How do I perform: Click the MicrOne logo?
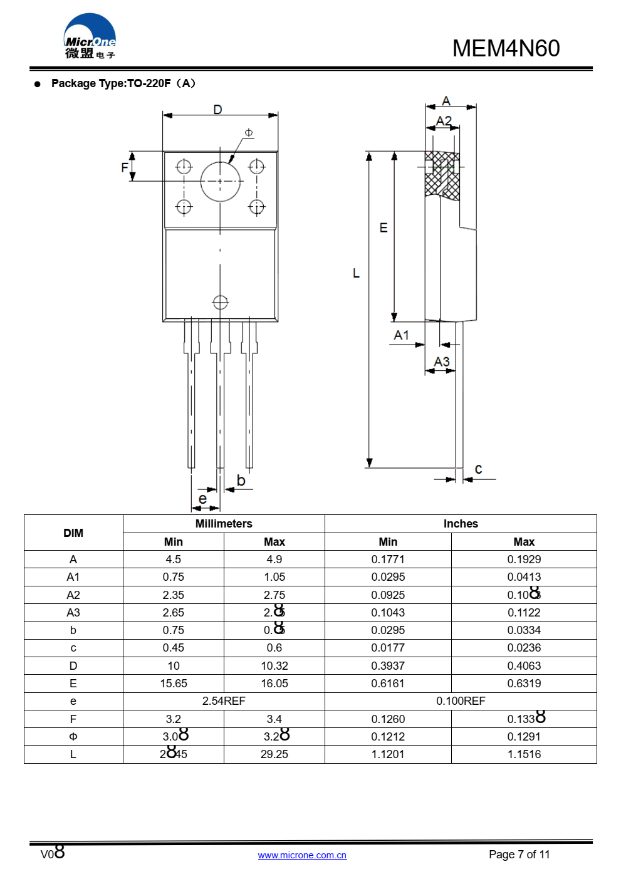pyautogui.click(x=90, y=37)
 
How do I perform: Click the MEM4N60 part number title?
pyautogui.click(x=506, y=48)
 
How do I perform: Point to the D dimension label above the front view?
pyautogui.click(x=217, y=110)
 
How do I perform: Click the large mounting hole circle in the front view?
pyautogui.click(x=221, y=182)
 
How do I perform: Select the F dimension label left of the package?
pyautogui.click(x=125, y=167)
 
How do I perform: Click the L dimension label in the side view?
pyautogui.click(x=356, y=273)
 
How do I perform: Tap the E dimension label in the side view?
pyautogui.click(x=384, y=228)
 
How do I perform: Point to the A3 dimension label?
pyautogui.click(x=442, y=361)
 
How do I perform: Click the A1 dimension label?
pyautogui.click(x=401, y=335)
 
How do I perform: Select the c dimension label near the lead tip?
pyautogui.click(x=479, y=469)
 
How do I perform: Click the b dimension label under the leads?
pyautogui.click(x=241, y=481)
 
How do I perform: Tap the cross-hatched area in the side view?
pyautogui.click(x=442, y=175)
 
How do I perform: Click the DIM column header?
pyautogui.click(x=73, y=533)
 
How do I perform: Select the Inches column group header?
pyautogui.click(x=461, y=524)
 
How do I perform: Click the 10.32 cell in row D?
pyautogui.click(x=274, y=666)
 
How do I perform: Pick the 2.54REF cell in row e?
pyautogui.click(x=224, y=701)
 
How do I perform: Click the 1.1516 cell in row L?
pyautogui.click(x=524, y=754)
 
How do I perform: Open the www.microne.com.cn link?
pyautogui.click(x=302, y=855)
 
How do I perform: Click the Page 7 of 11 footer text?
pyautogui.click(x=519, y=855)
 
